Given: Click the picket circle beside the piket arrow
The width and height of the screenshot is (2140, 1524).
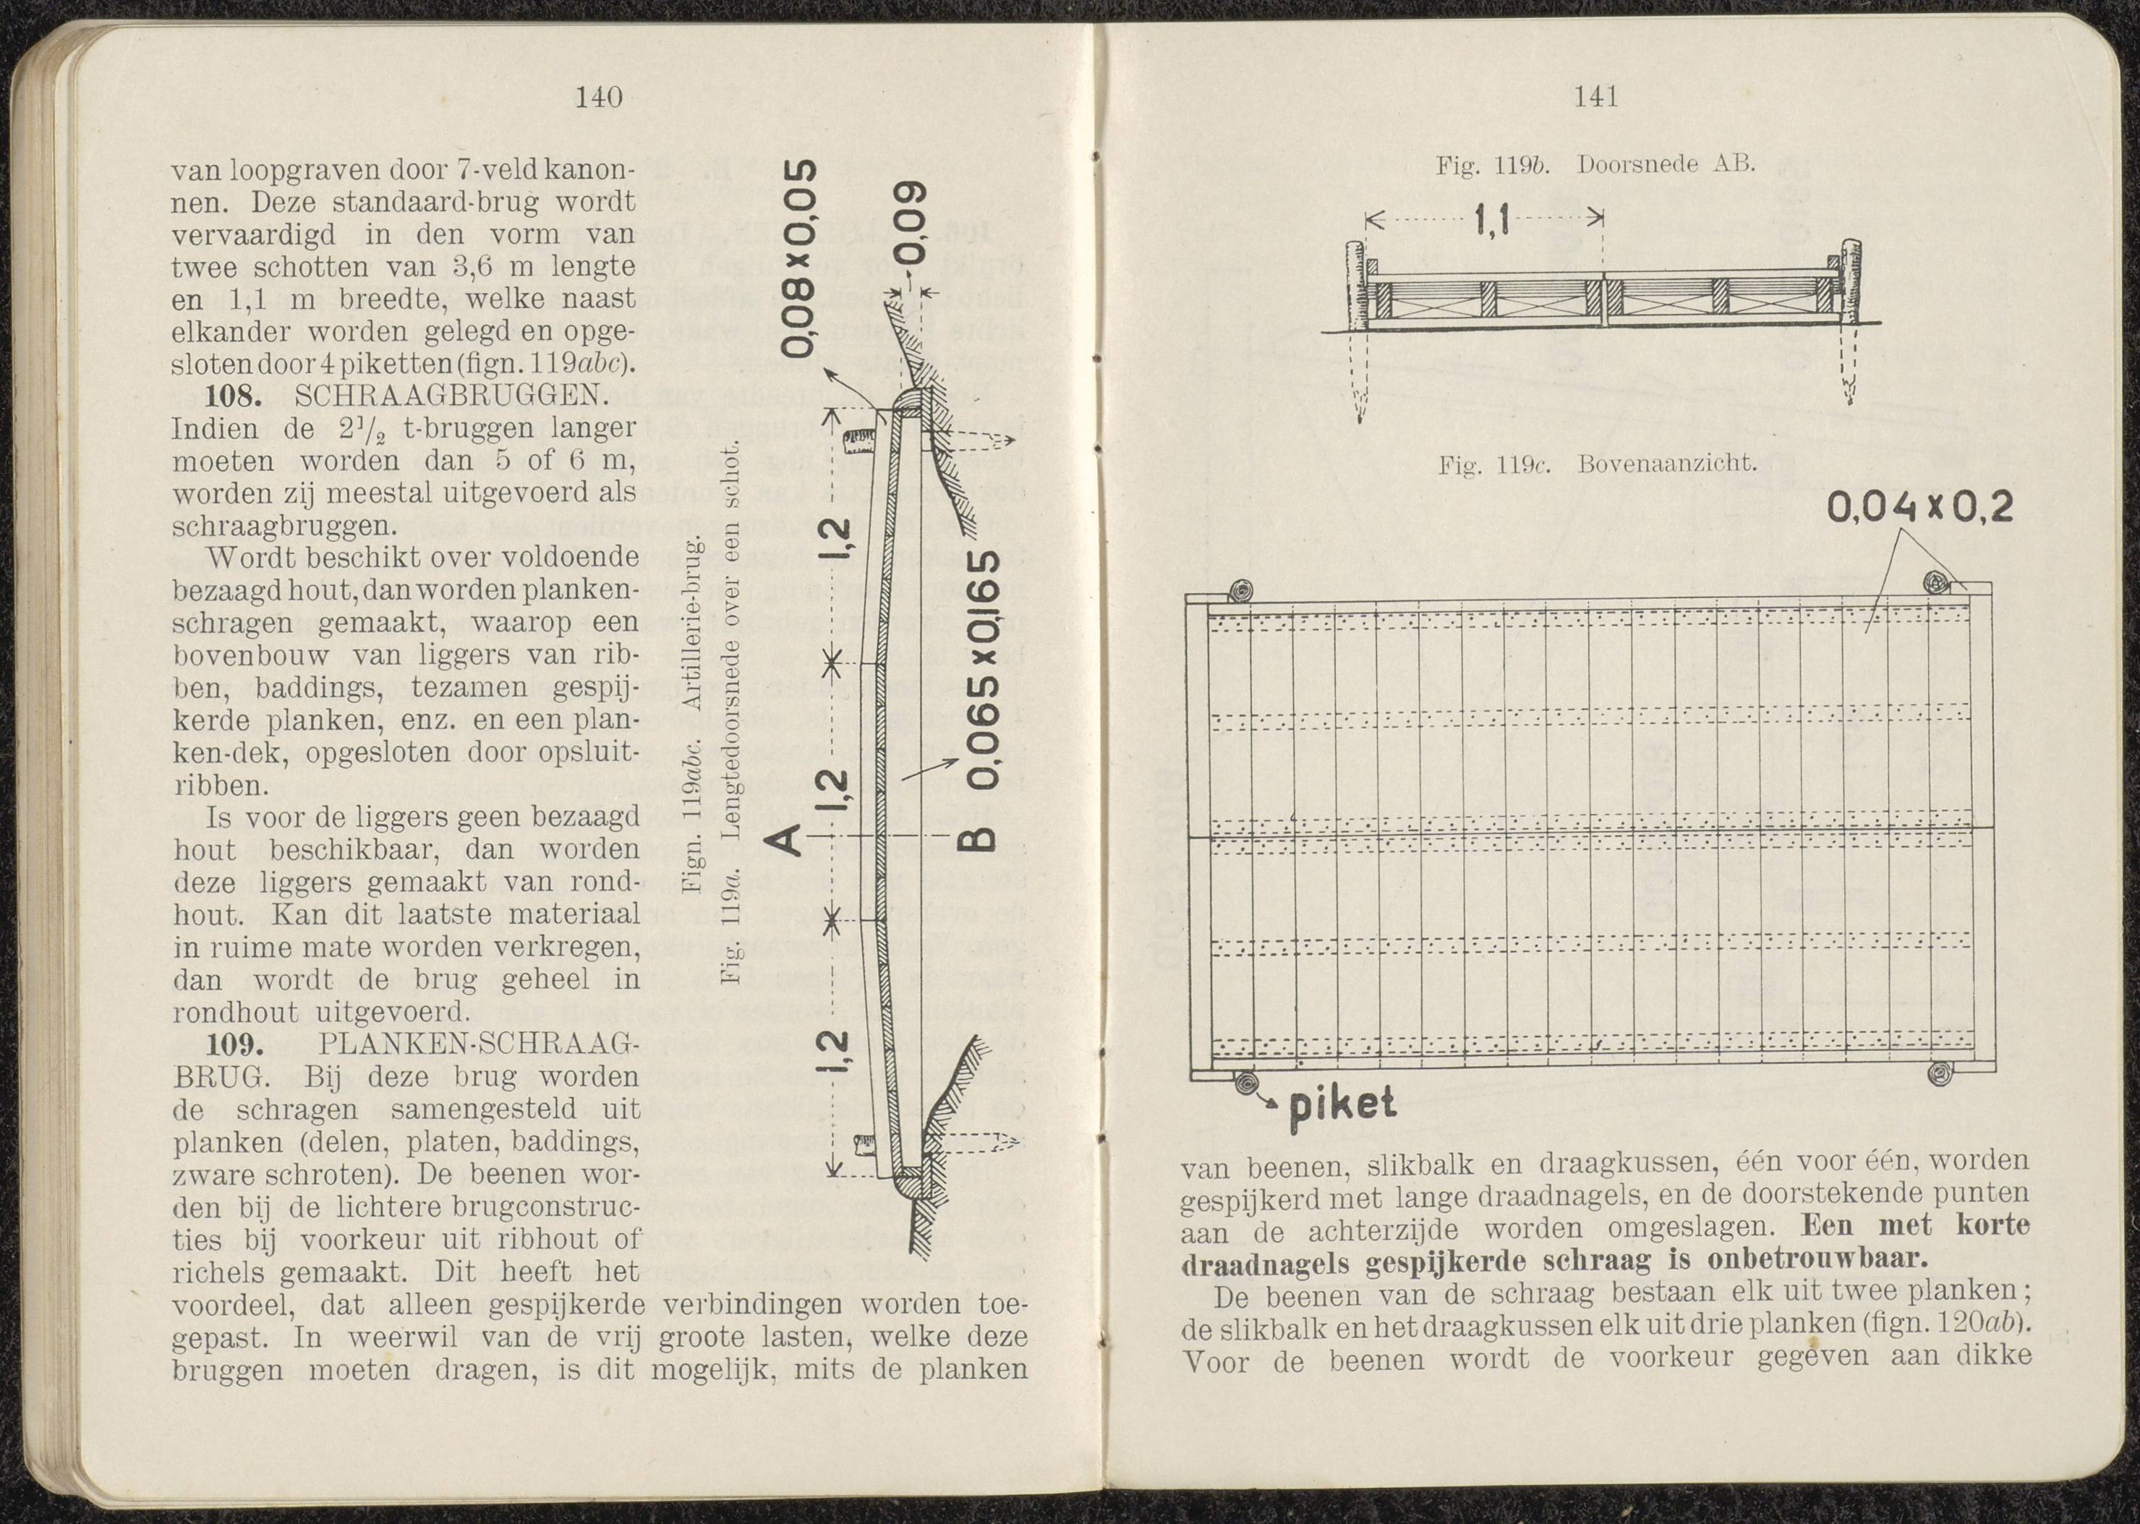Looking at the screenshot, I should pos(1246,1083).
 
